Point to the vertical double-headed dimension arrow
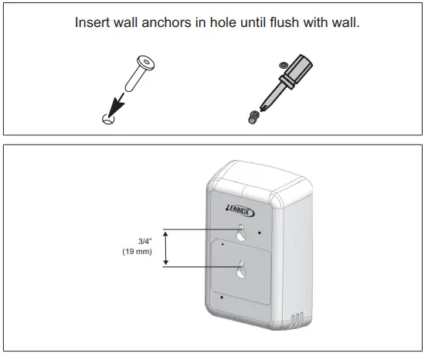(165, 248)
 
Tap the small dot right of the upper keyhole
(261, 232)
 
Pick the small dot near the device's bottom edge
(222, 296)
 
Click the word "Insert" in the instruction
(92, 22)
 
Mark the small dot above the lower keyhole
(222, 243)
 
